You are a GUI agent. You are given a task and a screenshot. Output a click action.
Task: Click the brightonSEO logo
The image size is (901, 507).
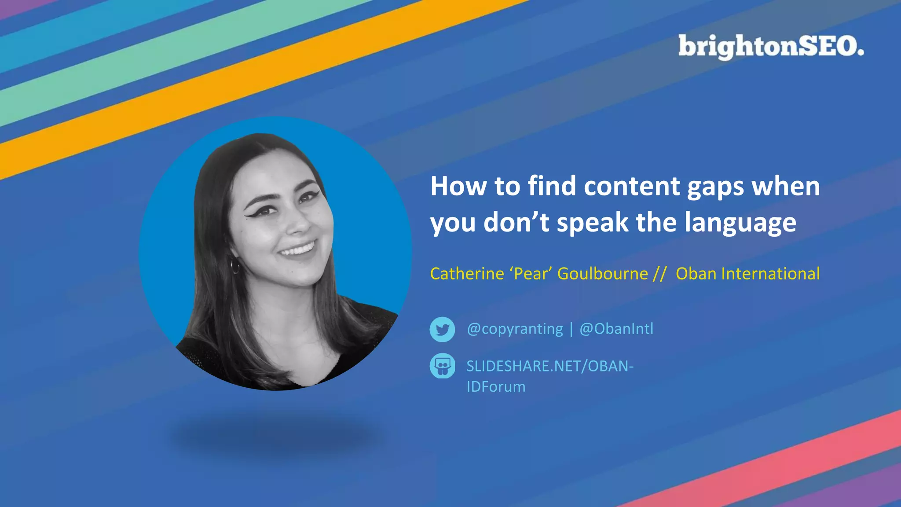pos(770,46)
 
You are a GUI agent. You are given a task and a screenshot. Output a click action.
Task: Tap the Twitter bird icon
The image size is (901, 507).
pos(442,329)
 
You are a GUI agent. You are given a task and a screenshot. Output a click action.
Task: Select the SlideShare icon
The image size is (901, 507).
pos(442,366)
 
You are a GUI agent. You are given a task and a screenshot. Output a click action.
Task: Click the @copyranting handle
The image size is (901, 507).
pos(515,329)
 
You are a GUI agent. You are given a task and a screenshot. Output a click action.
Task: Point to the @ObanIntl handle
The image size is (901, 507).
pos(616,329)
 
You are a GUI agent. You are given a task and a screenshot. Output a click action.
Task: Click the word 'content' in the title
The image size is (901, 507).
pos(632,186)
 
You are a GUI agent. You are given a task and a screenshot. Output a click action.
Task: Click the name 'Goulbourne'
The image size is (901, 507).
pos(602,274)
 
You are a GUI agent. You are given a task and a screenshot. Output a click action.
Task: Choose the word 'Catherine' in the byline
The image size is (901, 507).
pos(467,274)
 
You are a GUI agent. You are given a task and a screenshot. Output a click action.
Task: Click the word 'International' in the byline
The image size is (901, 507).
pos(770,274)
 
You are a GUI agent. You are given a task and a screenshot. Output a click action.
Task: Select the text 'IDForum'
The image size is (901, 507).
pos(496,387)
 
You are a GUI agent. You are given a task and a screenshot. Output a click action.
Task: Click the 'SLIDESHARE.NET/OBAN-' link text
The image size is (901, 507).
pos(550,366)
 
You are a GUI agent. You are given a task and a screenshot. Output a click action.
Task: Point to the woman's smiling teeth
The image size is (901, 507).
pos(299,249)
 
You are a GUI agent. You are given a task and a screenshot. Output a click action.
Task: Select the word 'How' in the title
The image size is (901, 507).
pos(458,186)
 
